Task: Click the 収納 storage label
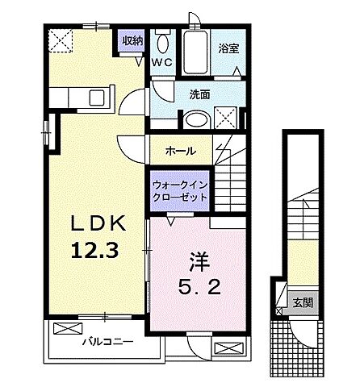coord(132,40)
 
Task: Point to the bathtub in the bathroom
coord(193,53)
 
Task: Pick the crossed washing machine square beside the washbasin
coord(228,117)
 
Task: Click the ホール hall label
coord(178,151)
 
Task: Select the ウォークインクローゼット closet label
coord(180,190)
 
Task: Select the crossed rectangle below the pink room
coord(228,347)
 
